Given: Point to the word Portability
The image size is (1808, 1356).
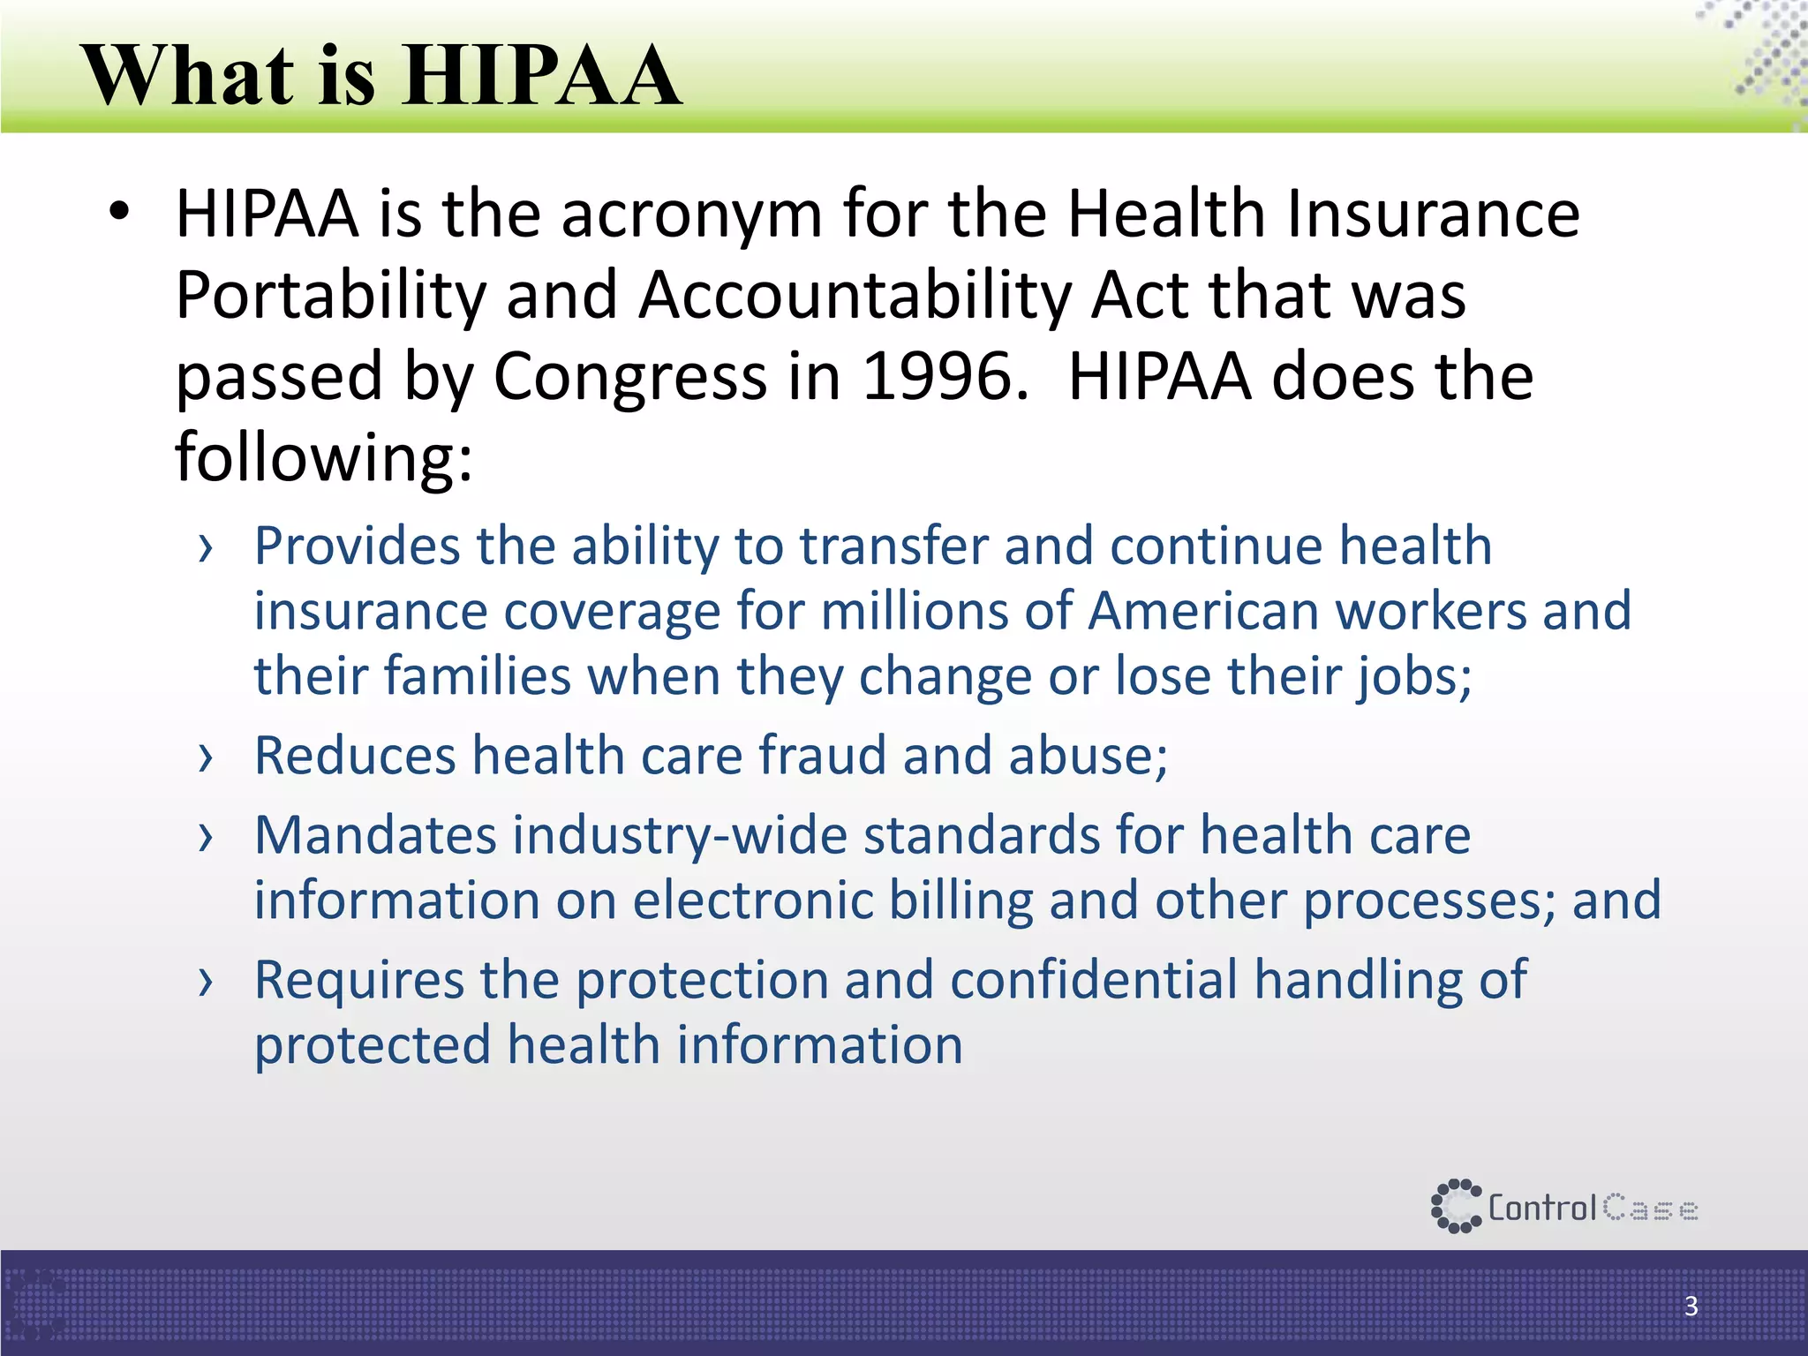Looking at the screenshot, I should pos(331,296).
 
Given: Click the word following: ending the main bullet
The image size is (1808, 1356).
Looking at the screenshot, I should pos(324,457).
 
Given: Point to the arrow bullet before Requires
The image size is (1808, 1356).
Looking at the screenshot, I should pos(206,982).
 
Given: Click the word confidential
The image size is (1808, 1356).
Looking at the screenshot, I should pos(1094,980).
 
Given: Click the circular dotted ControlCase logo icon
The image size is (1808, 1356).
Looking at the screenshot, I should pos(1455,1206).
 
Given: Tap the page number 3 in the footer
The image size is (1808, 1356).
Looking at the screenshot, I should pos(1691,1306).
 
